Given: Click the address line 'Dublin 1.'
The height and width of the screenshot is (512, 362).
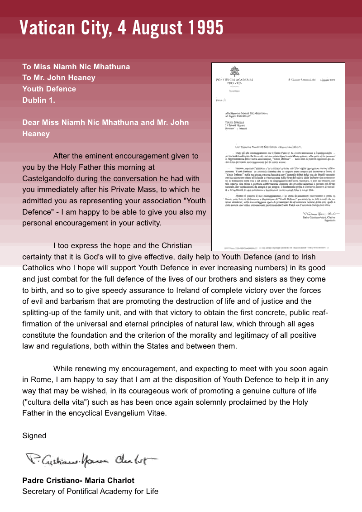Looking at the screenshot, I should pos(39,100).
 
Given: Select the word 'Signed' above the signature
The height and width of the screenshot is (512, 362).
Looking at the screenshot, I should pos(34,435).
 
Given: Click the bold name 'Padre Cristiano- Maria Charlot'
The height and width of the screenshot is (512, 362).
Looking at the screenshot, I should pos(78,480).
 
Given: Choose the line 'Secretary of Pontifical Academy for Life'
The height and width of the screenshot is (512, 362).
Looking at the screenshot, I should pos(90,491).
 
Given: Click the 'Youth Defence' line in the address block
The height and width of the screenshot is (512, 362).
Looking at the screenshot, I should pos(49,89).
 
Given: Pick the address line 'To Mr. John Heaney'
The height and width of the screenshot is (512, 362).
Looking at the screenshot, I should pos(59,77).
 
